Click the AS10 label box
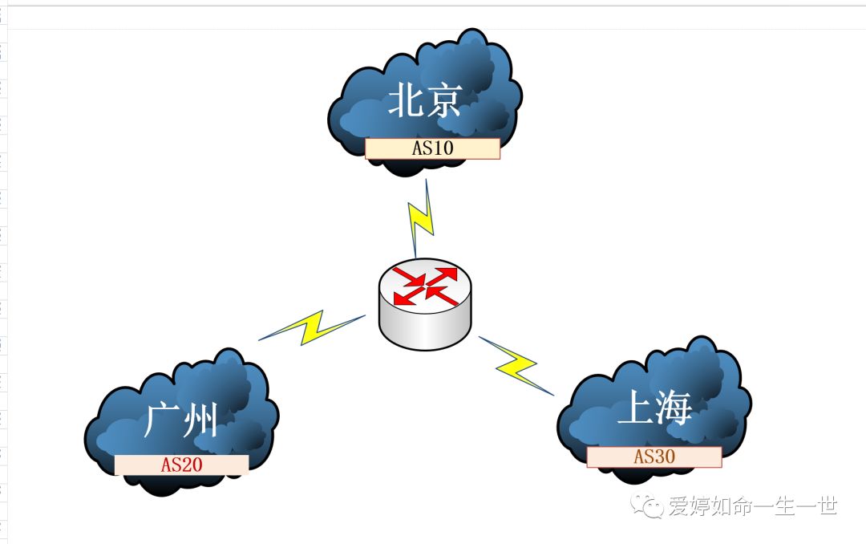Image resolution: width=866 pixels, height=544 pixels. (x=432, y=148)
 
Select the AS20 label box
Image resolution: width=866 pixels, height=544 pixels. (x=181, y=465)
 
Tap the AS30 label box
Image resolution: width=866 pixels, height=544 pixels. (x=654, y=457)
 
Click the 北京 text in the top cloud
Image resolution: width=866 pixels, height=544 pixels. (x=424, y=101)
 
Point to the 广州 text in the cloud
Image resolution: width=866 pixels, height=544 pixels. (x=180, y=420)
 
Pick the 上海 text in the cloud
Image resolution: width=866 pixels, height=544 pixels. (x=654, y=410)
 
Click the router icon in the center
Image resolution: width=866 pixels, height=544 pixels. (x=424, y=304)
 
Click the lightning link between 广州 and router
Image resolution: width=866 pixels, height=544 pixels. (x=311, y=327)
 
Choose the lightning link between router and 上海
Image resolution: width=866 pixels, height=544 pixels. (x=516, y=366)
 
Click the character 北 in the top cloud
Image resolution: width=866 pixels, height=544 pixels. (x=406, y=101)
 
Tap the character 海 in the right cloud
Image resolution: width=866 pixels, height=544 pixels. (x=673, y=410)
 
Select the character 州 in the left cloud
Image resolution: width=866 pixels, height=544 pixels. (x=200, y=420)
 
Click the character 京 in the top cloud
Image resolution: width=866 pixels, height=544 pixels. (x=443, y=101)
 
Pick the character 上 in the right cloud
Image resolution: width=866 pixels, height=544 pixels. (x=634, y=410)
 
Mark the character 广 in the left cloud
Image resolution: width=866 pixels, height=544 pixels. (x=161, y=420)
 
